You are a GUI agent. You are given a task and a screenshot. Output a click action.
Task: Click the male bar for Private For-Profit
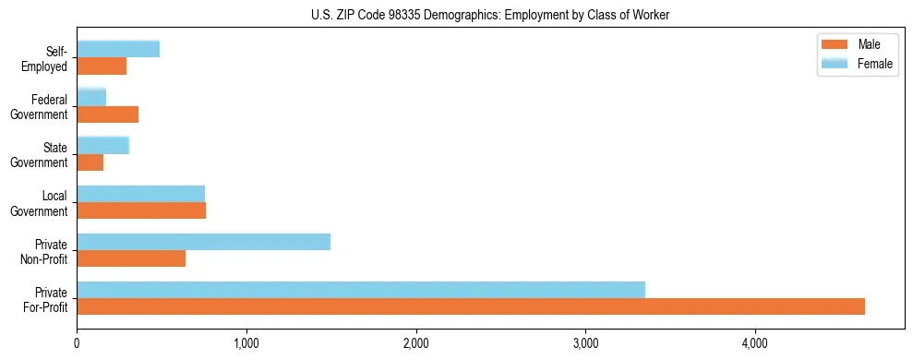[471, 306]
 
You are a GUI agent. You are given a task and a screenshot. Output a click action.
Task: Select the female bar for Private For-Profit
[361, 289]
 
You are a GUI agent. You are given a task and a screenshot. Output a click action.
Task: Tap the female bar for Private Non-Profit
[203, 242]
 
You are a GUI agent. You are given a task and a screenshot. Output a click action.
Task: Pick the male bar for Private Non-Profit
[131, 258]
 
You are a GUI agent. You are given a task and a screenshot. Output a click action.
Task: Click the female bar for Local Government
[140, 193]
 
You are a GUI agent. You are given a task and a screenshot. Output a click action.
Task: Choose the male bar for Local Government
[141, 210]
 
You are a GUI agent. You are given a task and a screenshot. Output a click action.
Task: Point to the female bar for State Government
[102, 145]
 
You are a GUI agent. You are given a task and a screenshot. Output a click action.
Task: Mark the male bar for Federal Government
[107, 114]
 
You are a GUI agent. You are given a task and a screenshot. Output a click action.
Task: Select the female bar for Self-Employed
[118, 49]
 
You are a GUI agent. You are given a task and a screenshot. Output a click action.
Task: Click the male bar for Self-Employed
[102, 66]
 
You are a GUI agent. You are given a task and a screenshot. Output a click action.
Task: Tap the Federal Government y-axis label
[40, 107]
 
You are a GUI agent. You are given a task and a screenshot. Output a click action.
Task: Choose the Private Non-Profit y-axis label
[45, 251]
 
